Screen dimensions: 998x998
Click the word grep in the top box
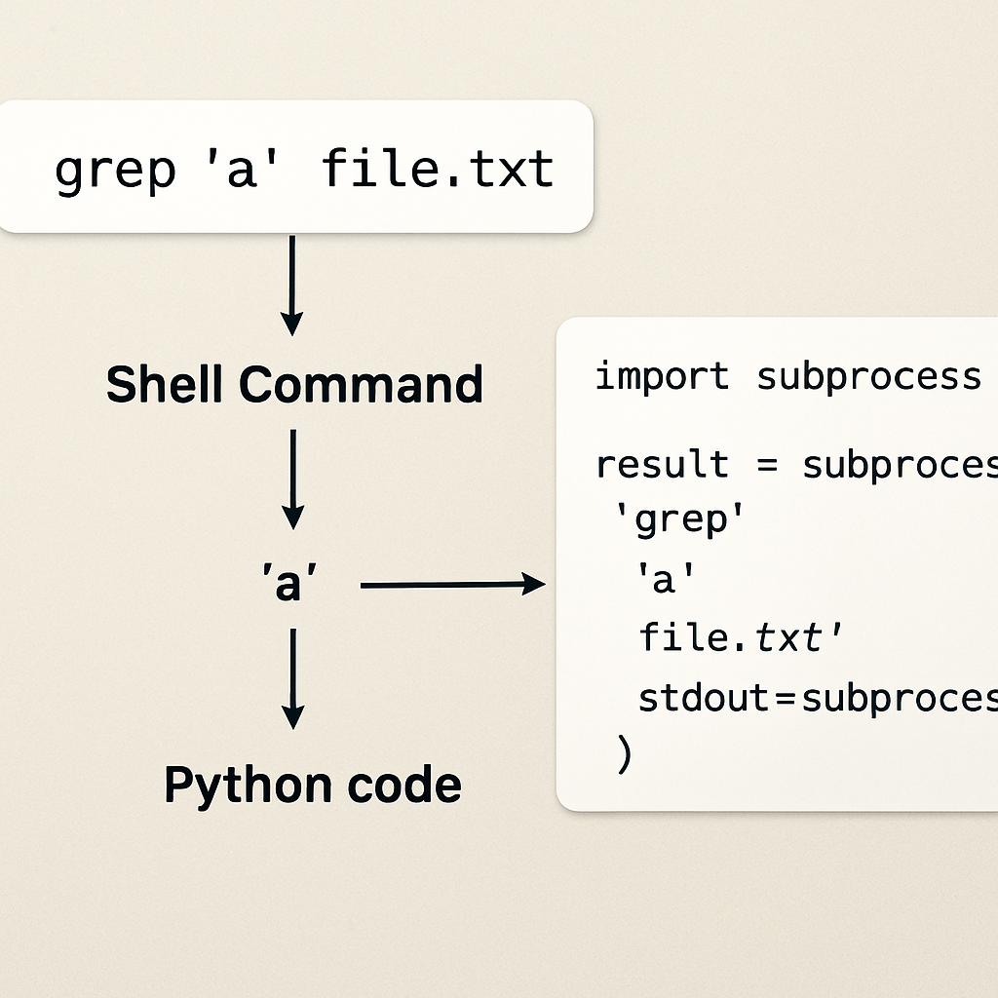tap(114, 172)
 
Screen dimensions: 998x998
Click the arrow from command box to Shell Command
tap(291, 286)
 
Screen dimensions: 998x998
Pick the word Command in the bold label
tap(361, 384)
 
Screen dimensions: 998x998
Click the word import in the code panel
tap(662, 376)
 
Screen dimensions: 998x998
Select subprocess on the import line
tap(868, 376)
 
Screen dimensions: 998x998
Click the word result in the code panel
tap(662, 464)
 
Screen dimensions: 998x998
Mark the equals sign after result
tap(765, 465)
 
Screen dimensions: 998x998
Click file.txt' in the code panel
tap(741, 638)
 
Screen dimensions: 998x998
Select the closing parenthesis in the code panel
tap(625, 755)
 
